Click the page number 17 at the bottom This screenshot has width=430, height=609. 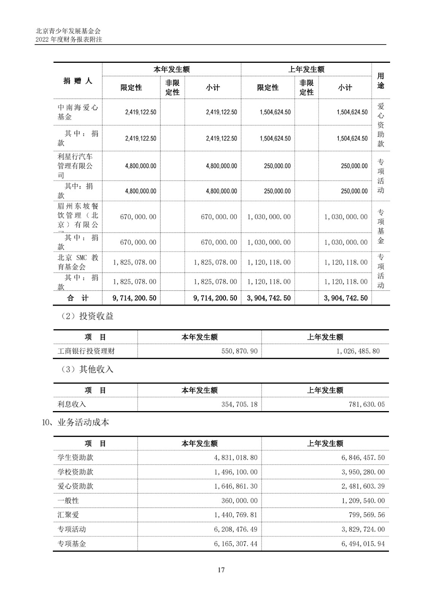pos(221,570)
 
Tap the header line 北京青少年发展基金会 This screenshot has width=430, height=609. pos(68,31)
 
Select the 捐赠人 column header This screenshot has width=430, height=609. pos(78,81)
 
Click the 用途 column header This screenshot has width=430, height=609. pos(381,81)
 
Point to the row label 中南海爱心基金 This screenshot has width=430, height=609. pos(78,112)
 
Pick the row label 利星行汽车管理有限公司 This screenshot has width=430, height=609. pos(75,166)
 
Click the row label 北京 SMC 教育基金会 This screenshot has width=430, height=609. pos(78,262)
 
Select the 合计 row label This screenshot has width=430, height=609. pos(78,298)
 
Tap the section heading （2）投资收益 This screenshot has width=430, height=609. pos(87,316)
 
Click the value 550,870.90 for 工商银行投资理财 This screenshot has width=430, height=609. pos(239,351)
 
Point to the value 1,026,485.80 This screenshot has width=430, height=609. pos(358,351)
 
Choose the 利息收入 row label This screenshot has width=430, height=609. pos(72,404)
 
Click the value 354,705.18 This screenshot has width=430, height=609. pos(239,404)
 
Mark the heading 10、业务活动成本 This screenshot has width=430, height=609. pos(75,422)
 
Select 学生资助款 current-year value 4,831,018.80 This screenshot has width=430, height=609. pos(235,458)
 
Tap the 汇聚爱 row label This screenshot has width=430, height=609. pos(68,515)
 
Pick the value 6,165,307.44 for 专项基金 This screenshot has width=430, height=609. pos(235,544)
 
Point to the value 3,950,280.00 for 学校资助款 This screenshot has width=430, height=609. pos(363,472)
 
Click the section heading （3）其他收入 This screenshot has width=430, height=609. pos(87,370)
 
